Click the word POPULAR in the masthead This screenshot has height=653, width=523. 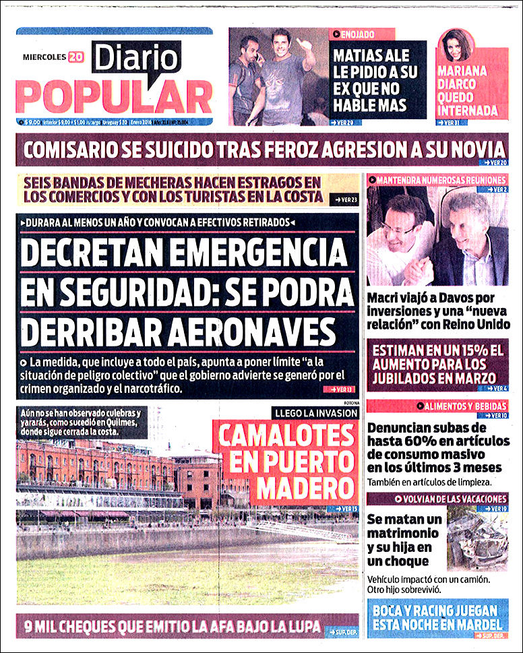(114, 97)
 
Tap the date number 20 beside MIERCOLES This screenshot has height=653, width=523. (75, 57)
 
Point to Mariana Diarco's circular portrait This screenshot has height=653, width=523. (455, 47)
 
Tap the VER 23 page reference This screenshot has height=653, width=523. (346, 199)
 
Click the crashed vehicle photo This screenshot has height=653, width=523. (477, 539)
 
